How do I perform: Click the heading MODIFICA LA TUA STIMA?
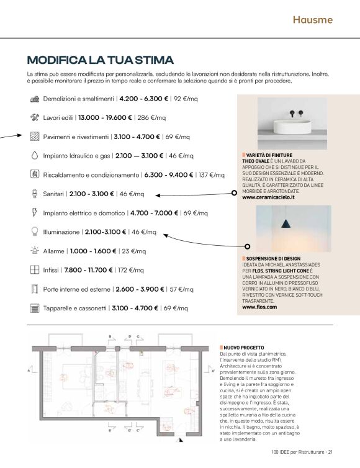(x=100, y=60)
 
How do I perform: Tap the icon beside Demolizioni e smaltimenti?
(x=35, y=99)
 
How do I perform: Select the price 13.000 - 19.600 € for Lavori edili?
(x=105, y=117)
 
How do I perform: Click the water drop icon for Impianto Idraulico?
(x=35, y=155)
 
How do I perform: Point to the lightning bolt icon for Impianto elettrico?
(x=35, y=212)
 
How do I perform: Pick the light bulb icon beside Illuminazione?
(x=35, y=232)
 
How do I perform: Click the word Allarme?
(x=55, y=251)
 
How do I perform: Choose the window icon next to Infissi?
(x=35, y=270)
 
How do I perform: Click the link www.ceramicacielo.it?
(x=268, y=197)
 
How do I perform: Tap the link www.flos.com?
(x=258, y=307)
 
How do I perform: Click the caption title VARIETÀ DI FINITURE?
(x=269, y=155)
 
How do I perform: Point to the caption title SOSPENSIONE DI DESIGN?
(x=273, y=258)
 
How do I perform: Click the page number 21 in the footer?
(x=331, y=452)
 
